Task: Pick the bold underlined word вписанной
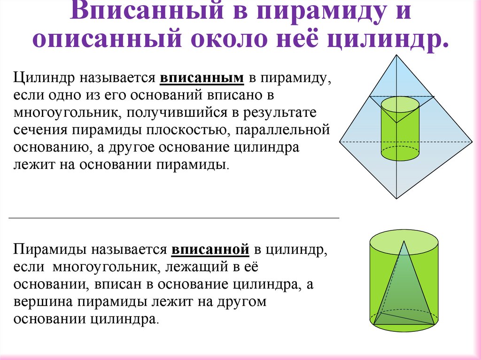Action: [209, 249]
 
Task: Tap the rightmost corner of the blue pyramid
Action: [472, 141]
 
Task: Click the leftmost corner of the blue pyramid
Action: [340, 141]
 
